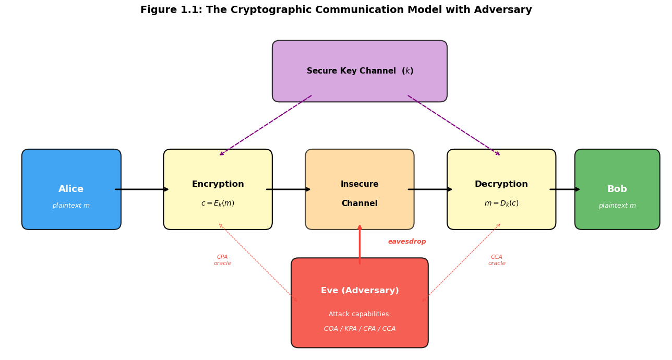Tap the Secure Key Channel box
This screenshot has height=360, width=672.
(x=359, y=71)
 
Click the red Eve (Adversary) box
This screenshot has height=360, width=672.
(x=359, y=303)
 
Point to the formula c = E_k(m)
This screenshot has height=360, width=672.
(x=218, y=203)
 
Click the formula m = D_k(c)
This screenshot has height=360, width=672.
(x=501, y=203)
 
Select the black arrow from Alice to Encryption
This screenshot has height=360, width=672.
(x=142, y=189)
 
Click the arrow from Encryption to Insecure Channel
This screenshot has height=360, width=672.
(x=289, y=189)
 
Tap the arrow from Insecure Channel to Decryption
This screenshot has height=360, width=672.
(x=430, y=189)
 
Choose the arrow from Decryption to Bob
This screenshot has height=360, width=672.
(x=565, y=189)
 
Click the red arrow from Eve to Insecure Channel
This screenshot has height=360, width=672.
(x=359, y=244)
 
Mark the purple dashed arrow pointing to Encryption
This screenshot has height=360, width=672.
(x=266, y=125)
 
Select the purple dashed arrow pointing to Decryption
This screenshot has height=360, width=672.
(x=454, y=125)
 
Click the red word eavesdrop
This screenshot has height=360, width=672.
(x=407, y=242)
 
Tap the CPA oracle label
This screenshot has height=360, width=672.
(x=222, y=260)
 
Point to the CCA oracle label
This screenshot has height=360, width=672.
(x=497, y=260)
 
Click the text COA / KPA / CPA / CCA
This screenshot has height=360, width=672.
(x=359, y=329)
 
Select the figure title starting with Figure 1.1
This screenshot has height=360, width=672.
(x=336, y=10)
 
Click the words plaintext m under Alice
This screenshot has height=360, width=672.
(x=71, y=206)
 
